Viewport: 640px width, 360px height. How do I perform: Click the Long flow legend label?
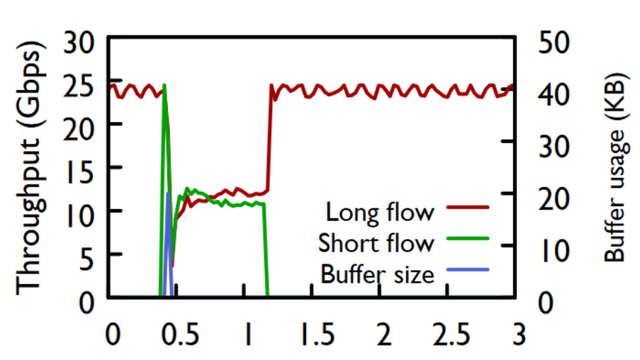(379, 211)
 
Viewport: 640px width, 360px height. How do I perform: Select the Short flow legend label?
(376, 242)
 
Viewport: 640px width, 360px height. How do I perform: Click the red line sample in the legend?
(468, 208)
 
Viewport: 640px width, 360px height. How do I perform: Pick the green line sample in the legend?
(468, 239)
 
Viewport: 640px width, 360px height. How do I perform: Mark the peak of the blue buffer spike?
(168, 192)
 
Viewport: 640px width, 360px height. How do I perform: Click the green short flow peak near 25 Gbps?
(164, 85)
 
